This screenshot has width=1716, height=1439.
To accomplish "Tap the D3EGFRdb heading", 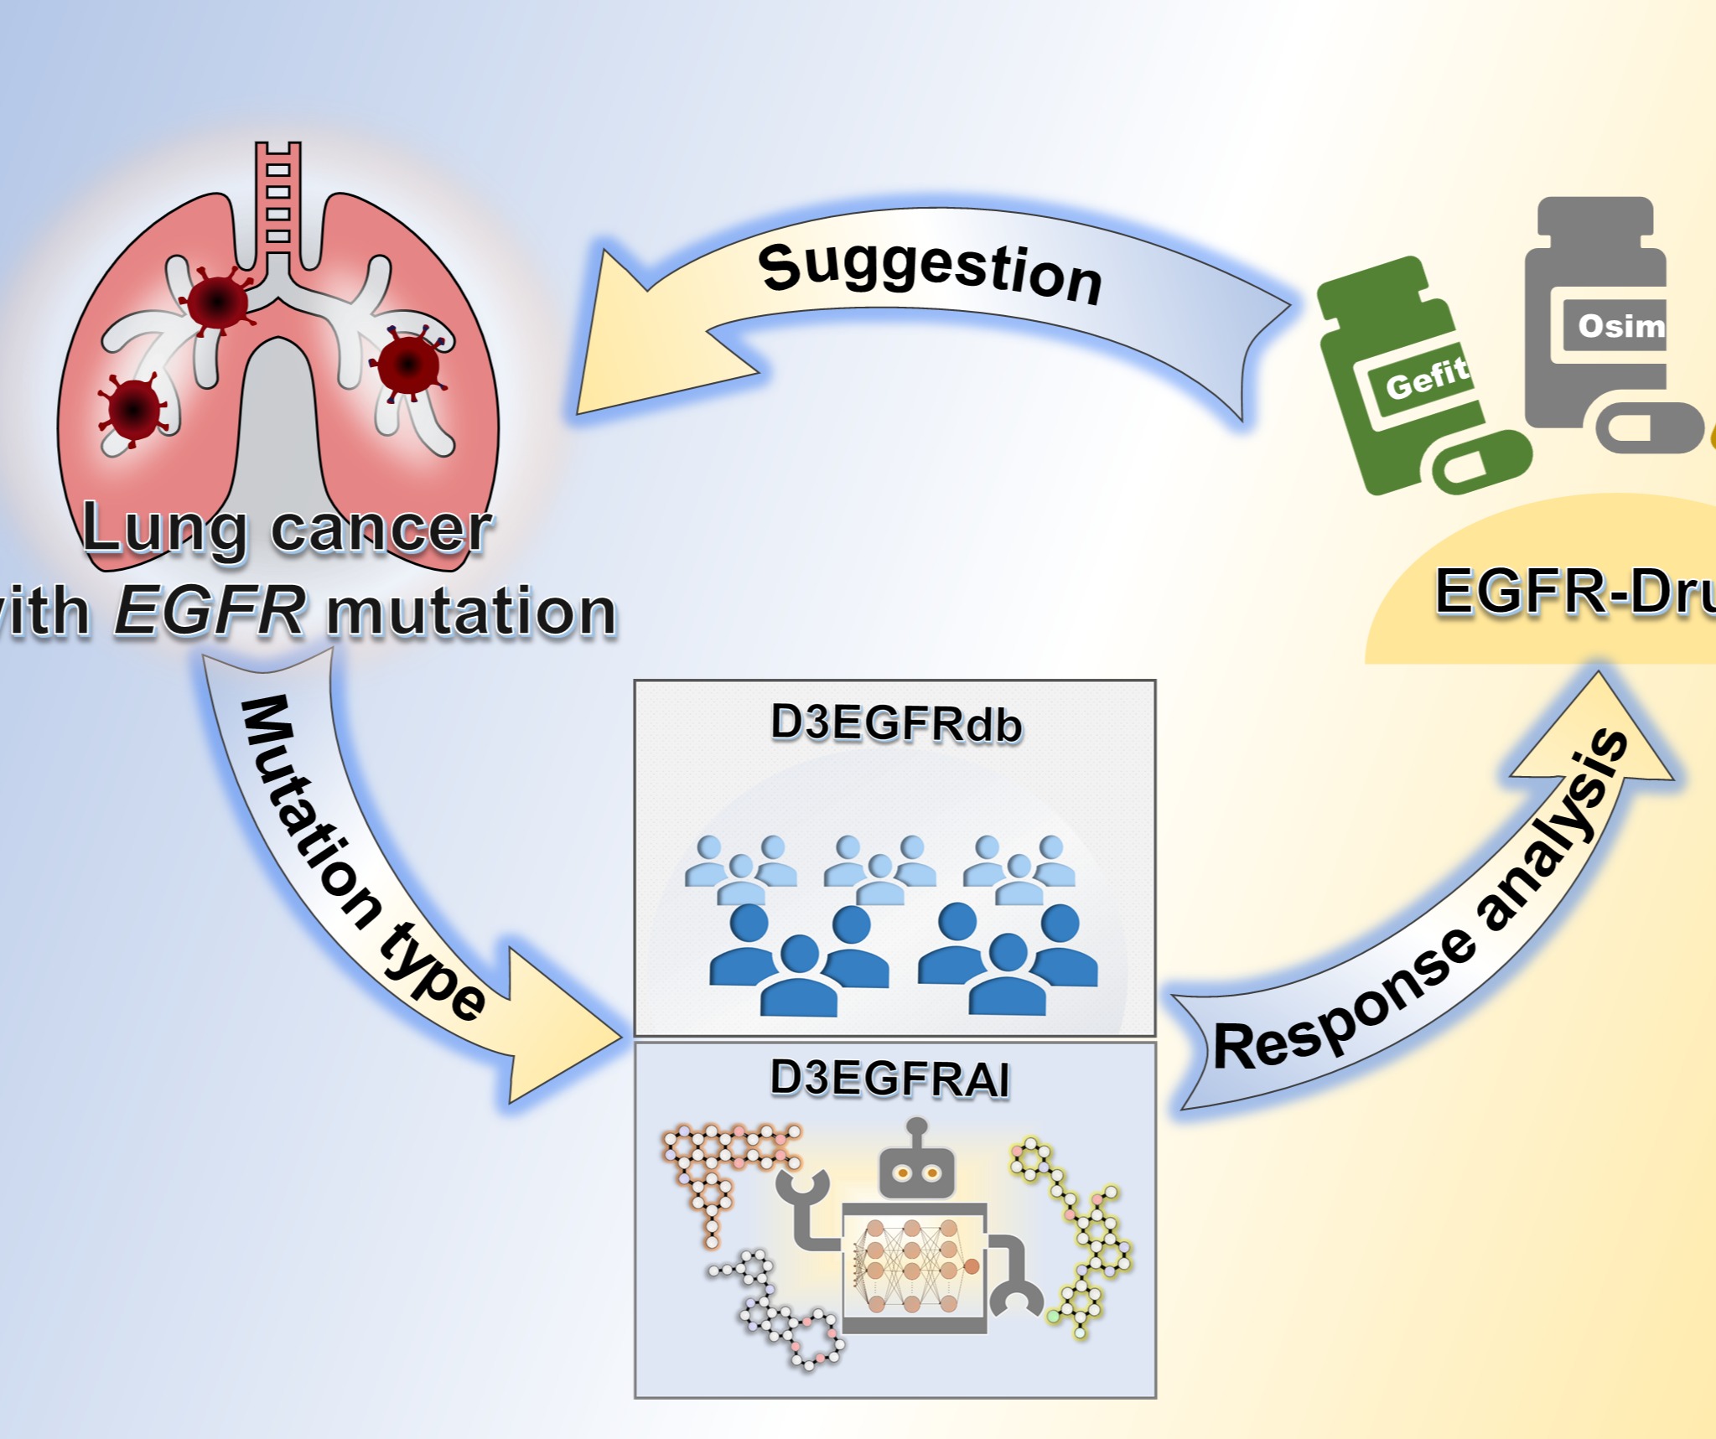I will pyautogui.click(x=895, y=724).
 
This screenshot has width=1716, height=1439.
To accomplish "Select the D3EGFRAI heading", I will pyautogui.click(x=889, y=1078).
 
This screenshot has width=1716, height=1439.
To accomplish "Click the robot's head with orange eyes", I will pyautogui.click(x=916, y=1170).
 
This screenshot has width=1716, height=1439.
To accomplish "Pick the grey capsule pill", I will pyautogui.click(x=1647, y=427).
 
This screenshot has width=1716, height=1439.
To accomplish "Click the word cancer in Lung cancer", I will pyautogui.click(x=381, y=530).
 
